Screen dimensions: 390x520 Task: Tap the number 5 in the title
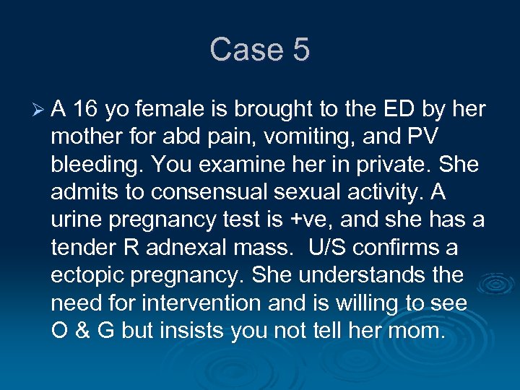pos(300,50)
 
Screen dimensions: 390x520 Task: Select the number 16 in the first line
pos(87,110)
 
